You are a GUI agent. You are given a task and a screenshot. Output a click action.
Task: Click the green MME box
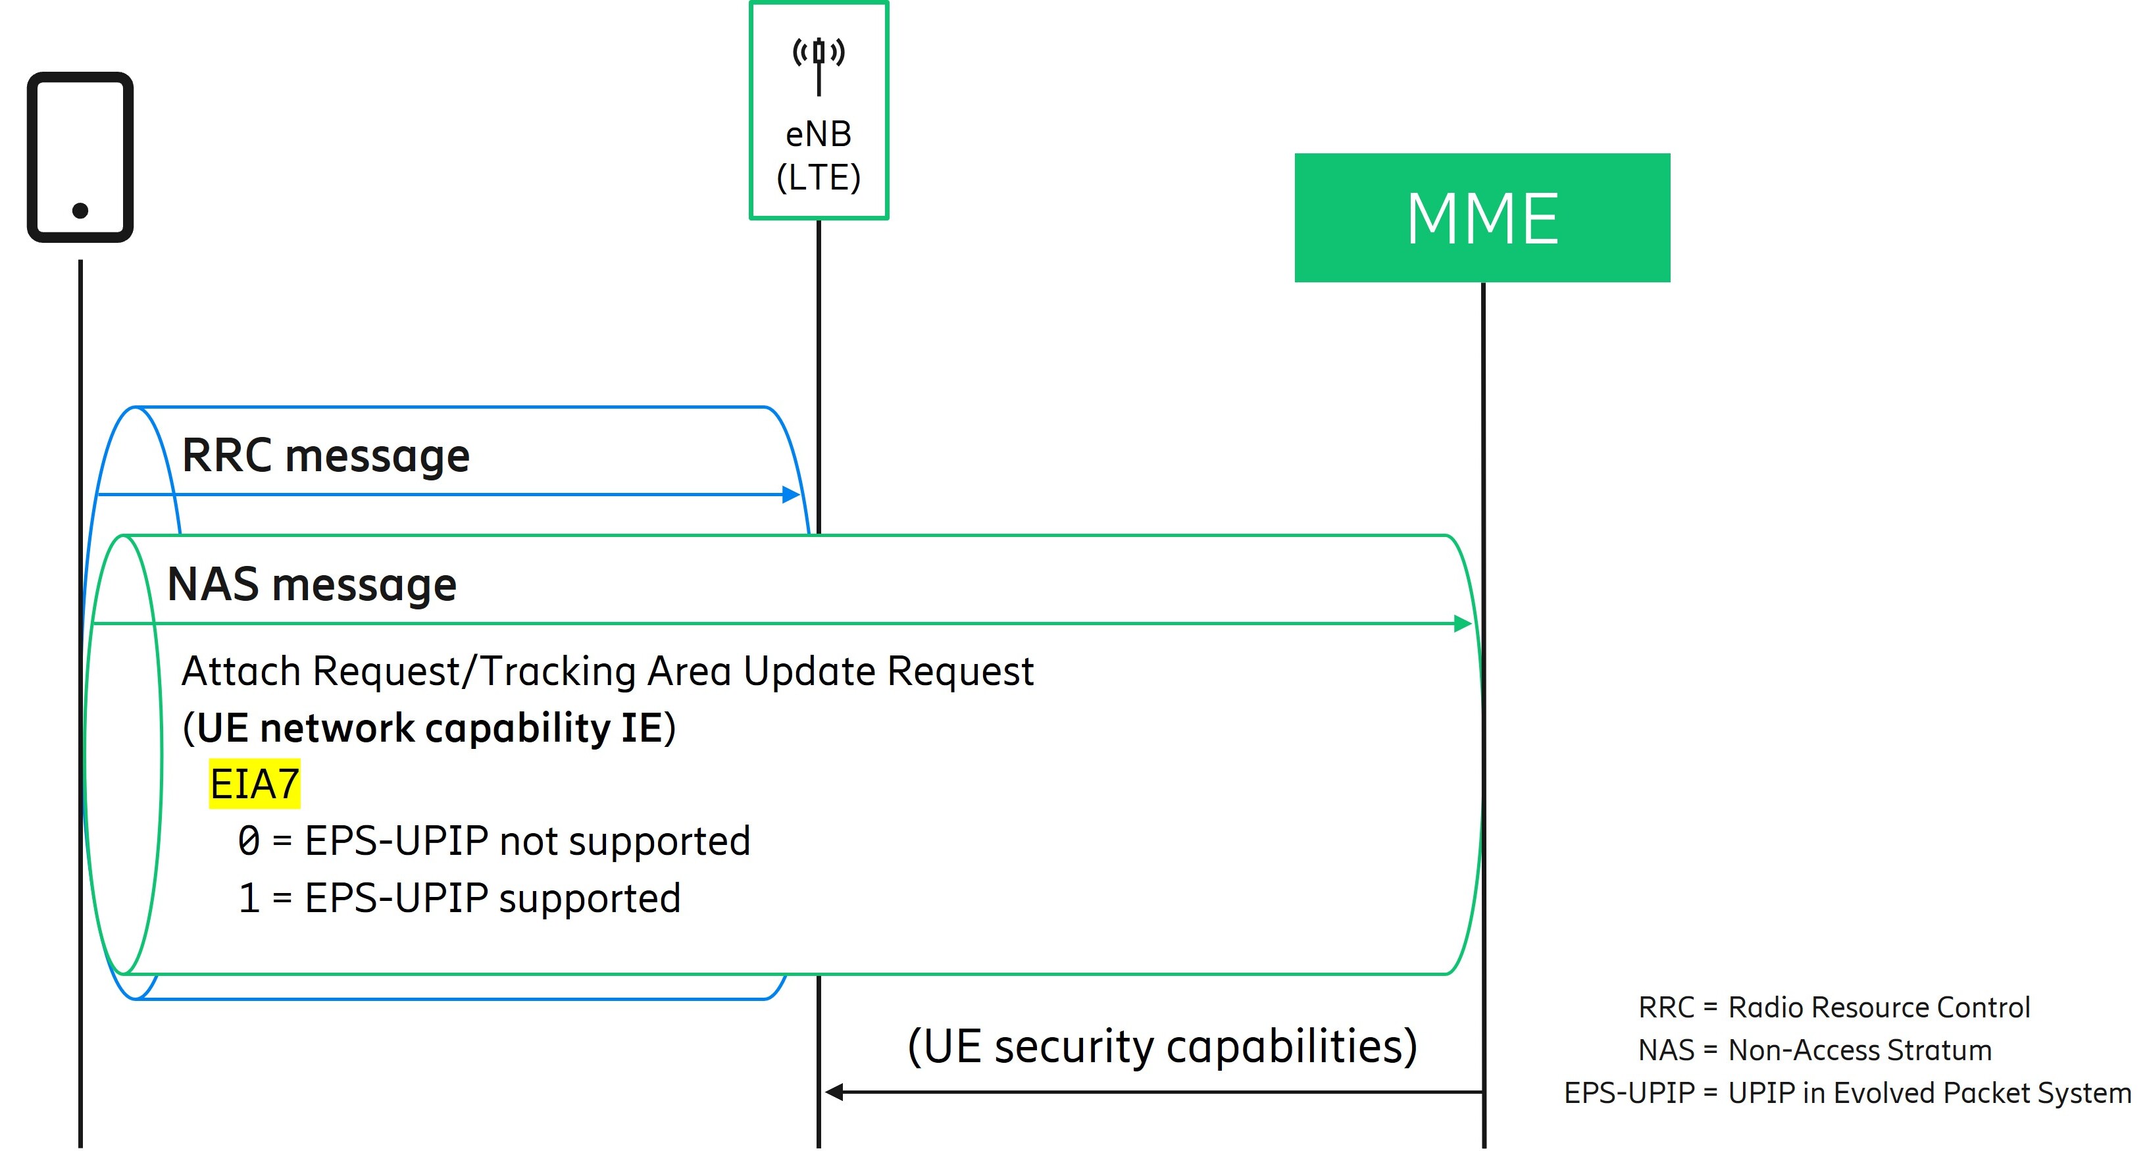tap(1481, 218)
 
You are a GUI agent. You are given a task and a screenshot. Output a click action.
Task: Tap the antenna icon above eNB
tap(819, 63)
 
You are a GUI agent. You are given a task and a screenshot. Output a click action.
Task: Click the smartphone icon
tap(80, 157)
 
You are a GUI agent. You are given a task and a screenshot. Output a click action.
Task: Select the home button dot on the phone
tap(80, 210)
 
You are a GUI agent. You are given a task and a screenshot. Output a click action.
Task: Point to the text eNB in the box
tap(819, 134)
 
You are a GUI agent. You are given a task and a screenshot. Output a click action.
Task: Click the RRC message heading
tap(325, 456)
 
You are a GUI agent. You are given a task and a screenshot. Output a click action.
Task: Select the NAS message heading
tap(312, 584)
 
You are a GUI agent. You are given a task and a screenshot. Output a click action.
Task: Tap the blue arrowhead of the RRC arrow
tap(791, 494)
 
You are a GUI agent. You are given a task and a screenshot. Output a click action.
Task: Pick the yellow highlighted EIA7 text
tap(254, 783)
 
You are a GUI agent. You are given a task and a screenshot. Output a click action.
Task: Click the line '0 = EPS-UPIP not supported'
tap(493, 840)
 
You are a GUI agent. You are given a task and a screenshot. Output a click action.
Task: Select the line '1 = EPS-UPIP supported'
tap(459, 898)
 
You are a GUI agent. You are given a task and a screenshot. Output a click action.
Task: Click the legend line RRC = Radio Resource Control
tap(1834, 1007)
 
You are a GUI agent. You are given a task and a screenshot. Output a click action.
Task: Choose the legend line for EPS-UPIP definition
tap(1847, 1092)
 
